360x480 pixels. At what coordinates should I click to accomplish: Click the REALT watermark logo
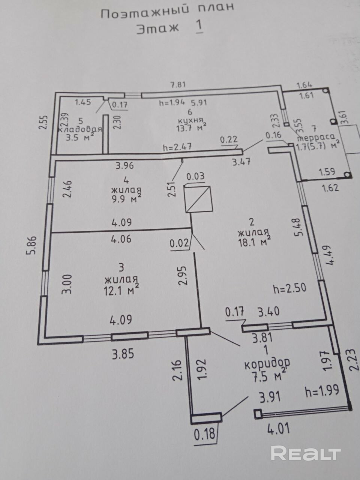[306, 453]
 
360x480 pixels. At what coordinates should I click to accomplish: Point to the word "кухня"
[191, 120]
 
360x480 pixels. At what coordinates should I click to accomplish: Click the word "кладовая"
[80, 129]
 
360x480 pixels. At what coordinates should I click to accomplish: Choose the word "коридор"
[267, 363]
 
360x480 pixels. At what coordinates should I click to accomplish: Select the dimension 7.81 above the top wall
[178, 85]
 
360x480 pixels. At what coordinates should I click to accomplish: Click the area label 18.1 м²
[255, 241]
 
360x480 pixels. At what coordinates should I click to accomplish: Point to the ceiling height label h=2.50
[290, 288]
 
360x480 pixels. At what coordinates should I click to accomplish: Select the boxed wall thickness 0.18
[205, 434]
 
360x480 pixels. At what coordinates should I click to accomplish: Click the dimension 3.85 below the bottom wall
[123, 354]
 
